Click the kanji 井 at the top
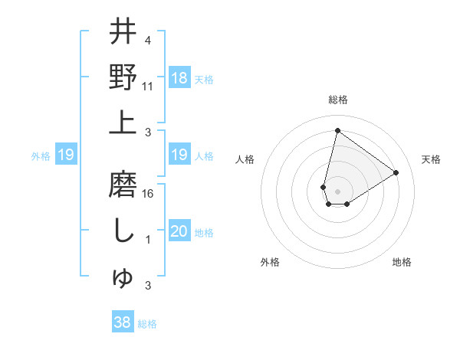click(123, 32)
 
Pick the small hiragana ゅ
click(123, 279)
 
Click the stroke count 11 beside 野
click(148, 87)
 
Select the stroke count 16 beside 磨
click(148, 194)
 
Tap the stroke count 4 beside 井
click(147, 40)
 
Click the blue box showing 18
click(179, 77)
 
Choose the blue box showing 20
click(179, 232)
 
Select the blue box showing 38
click(123, 322)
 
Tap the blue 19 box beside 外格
click(66, 155)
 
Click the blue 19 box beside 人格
click(179, 155)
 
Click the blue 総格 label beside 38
click(147, 324)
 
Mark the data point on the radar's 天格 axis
click(396, 172)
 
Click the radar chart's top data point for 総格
click(337, 130)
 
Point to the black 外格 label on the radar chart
click(270, 262)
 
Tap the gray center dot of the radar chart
click(337, 190)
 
